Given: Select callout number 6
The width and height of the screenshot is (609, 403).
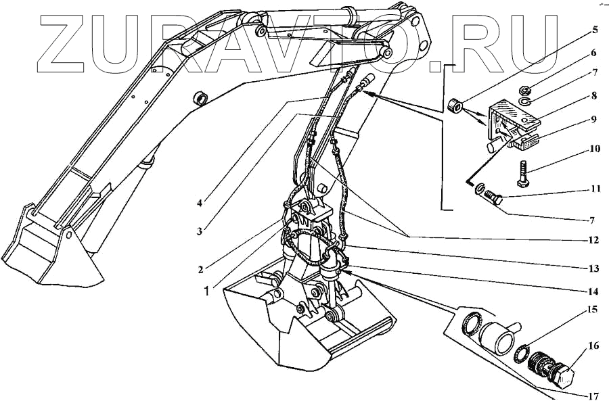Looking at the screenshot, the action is [593, 52].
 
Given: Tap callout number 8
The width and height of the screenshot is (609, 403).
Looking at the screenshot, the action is [593, 95].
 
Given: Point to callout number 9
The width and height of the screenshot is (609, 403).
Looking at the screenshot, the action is [593, 120].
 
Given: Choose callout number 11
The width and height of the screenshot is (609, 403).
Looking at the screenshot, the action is [595, 189].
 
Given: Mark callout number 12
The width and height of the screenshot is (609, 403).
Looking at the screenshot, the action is [593, 239].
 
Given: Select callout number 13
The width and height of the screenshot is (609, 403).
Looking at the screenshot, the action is [593, 268].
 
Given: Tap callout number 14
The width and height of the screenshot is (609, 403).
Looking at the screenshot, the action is [593, 292].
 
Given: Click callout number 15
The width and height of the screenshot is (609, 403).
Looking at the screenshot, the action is [591, 310].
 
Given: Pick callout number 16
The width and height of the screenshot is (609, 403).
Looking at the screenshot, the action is [593, 346].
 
